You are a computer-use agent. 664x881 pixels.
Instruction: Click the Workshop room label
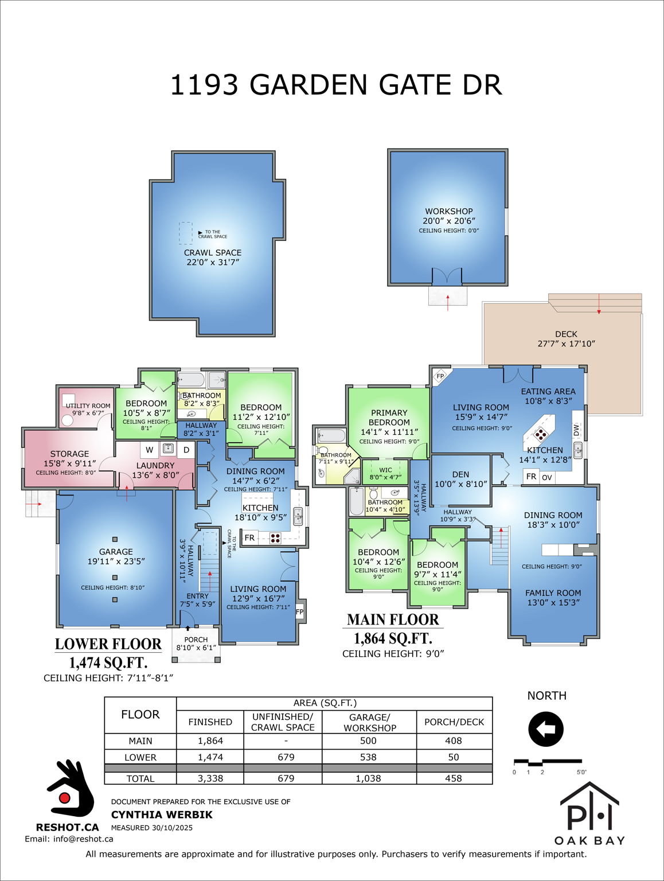[x=448, y=211]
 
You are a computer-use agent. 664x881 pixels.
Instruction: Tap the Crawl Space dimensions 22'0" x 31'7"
[x=213, y=262]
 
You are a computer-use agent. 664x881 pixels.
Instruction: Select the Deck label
[x=566, y=334]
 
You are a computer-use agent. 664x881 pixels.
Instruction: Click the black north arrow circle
[x=546, y=730]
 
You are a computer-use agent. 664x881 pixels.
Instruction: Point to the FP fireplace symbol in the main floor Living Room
[x=440, y=376]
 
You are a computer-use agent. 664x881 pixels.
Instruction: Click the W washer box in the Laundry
[x=150, y=450]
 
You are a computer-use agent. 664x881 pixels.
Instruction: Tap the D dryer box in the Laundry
[x=186, y=450]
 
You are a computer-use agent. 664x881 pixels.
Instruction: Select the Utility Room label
[x=88, y=406]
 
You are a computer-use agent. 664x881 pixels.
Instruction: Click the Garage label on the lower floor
[x=116, y=552]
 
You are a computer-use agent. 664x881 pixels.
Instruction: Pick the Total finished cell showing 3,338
[x=210, y=778]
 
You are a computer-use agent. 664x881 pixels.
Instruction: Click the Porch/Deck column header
[x=454, y=722]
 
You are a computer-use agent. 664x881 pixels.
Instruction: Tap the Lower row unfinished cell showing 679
[x=286, y=757]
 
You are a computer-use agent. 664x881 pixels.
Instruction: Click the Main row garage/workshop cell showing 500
[x=368, y=740]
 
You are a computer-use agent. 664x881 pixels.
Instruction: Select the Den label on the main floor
[x=460, y=474]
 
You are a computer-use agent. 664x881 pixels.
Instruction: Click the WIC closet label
[x=385, y=470]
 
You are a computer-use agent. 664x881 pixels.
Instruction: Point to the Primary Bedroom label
[x=389, y=417]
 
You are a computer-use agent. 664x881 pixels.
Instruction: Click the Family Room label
[x=553, y=593]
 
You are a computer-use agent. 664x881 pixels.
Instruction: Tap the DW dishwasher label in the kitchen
[x=577, y=430]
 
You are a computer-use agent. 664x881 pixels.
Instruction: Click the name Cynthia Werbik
[x=162, y=814]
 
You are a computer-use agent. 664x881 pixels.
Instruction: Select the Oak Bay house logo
[x=589, y=813]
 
